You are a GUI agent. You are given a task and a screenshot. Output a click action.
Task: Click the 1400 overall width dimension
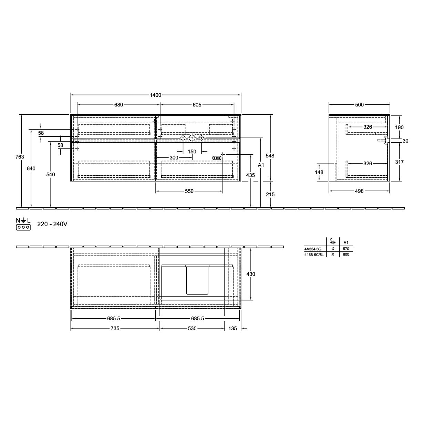point(155,95)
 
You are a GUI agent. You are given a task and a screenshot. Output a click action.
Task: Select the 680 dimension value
point(118,105)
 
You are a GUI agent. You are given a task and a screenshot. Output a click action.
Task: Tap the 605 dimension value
point(197,105)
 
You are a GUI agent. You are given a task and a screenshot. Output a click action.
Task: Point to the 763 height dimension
point(20,157)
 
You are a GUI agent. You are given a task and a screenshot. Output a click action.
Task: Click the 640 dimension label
point(31,168)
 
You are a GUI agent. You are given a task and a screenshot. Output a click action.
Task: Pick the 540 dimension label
point(51,175)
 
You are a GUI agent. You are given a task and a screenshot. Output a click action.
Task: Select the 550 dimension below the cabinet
point(189,191)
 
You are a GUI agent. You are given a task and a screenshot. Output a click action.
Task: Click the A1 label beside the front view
point(261,165)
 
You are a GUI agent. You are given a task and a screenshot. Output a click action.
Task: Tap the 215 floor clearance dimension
point(270,195)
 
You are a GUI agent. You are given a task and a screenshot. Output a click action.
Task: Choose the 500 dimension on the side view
point(359,105)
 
